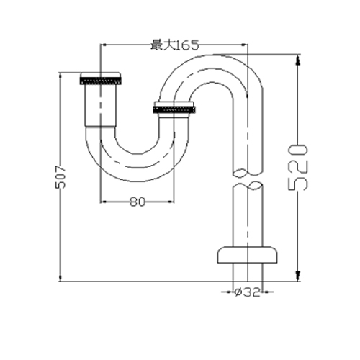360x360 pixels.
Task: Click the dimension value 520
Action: [x=297, y=167]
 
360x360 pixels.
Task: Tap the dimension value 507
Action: [x=60, y=177]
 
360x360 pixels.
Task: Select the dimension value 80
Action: [x=138, y=202]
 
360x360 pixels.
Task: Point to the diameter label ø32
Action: [x=247, y=292]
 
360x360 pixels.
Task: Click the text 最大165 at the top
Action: [x=175, y=45]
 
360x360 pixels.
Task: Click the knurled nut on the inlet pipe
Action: [x=100, y=78]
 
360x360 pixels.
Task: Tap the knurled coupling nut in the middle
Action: [x=174, y=107]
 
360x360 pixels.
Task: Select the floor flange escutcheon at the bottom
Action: [x=248, y=255]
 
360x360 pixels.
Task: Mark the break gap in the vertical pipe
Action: [x=248, y=179]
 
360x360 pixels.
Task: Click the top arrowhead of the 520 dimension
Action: [x=298, y=60]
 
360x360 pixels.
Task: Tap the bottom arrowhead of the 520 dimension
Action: [x=298, y=276]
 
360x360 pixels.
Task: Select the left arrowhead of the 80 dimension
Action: [x=104, y=202]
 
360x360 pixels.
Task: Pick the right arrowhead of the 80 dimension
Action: [x=171, y=202]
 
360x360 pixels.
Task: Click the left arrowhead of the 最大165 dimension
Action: [x=104, y=45]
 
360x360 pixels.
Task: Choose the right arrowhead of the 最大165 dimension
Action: [x=244, y=45]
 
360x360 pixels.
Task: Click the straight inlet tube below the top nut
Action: [x=101, y=105]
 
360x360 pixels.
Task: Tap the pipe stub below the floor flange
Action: [x=248, y=272]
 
